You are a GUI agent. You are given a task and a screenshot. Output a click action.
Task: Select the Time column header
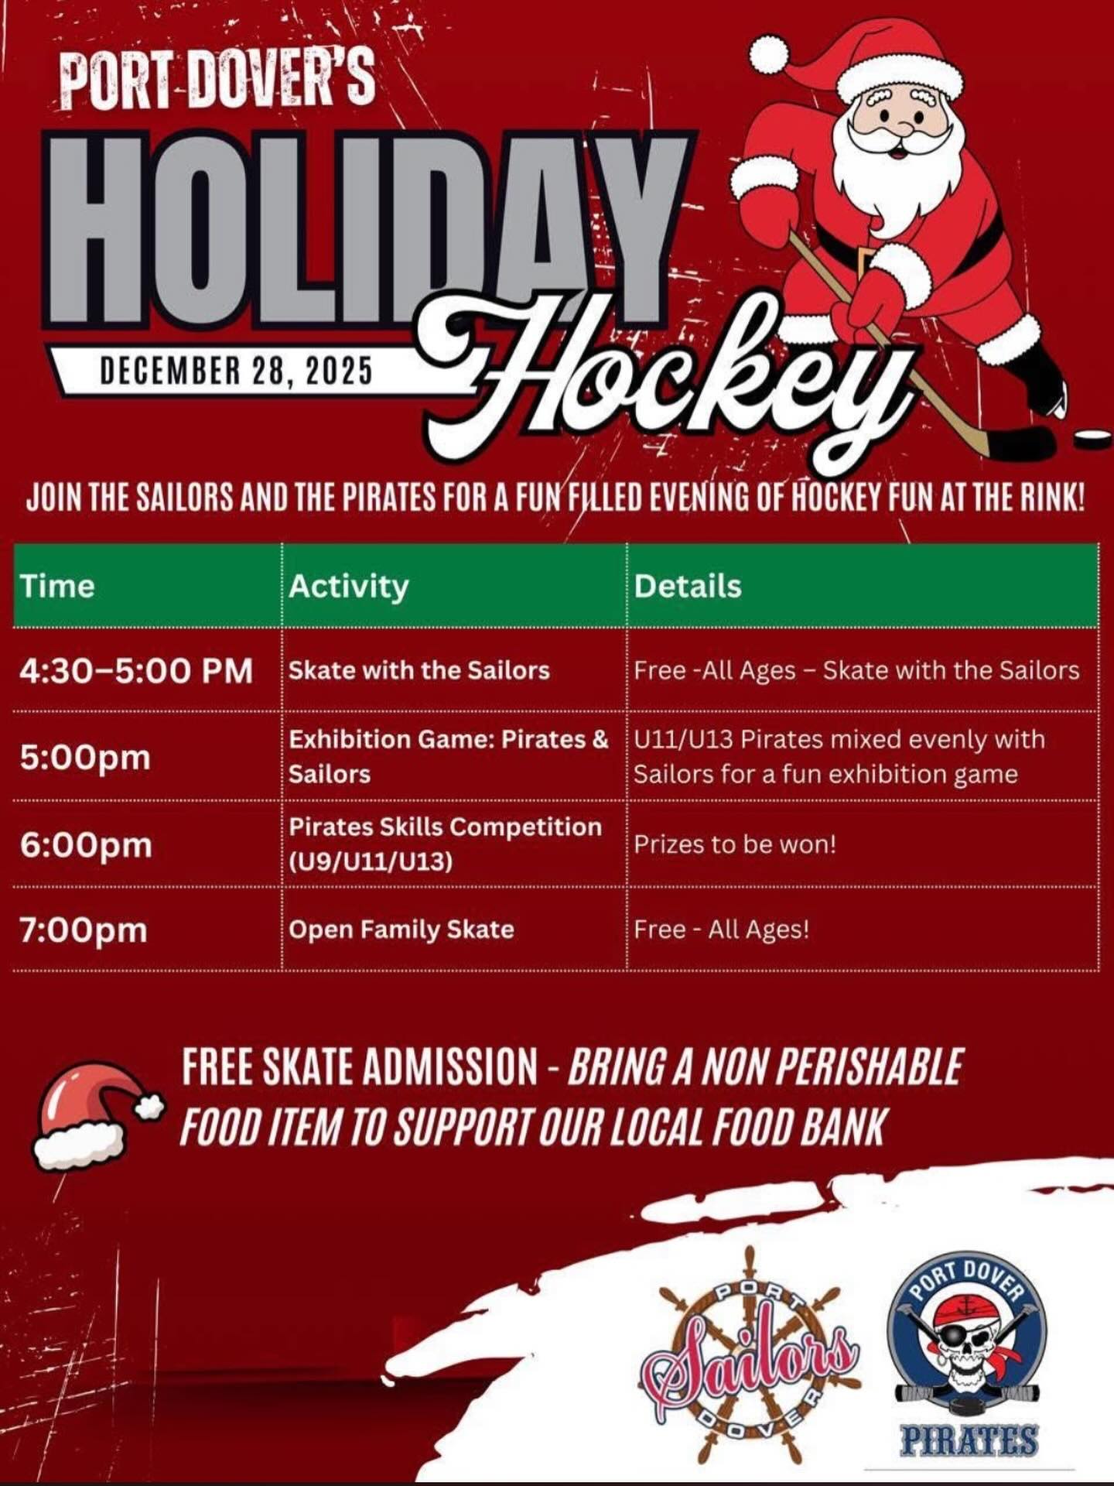(x=57, y=586)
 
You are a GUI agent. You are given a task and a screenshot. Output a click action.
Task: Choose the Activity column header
(x=348, y=586)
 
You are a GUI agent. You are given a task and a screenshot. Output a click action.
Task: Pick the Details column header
(x=688, y=586)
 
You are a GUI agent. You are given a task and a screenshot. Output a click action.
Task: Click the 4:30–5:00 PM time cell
(x=136, y=670)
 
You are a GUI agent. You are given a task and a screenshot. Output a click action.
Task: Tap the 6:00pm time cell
(x=86, y=844)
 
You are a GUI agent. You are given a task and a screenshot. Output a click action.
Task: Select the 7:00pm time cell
(x=84, y=930)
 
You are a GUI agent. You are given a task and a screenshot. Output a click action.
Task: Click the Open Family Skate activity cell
(x=401, y=929)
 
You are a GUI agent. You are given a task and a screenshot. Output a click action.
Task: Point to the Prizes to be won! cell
(x=735, y=844)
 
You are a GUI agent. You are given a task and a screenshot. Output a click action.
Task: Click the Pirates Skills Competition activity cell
(x=445, y=844)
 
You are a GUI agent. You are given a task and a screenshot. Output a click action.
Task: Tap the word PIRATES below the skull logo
(x=969, y=1440)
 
